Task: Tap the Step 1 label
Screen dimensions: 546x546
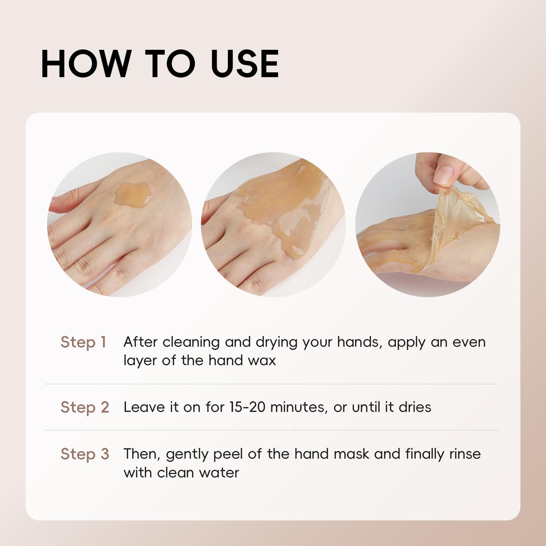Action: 83,342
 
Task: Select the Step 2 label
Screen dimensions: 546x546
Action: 85,407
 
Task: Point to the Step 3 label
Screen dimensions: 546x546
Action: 85,454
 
